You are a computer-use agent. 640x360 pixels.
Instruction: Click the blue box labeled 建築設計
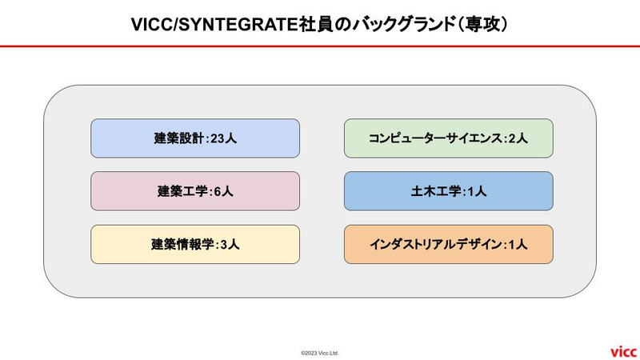pyautogui.click(x=195, y=138)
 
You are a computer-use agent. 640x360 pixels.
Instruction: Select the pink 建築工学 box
pyautogui.click(x=195, y=191)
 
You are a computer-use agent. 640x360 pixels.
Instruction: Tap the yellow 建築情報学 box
pyautogui.click(x=195, y=244)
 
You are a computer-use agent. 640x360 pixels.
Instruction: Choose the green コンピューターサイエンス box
pyautogui.click(x=449, y=138)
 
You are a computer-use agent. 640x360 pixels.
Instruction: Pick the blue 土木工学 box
pyautogui.click(x=449, y=191)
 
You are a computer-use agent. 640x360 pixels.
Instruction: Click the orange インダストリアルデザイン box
pyautogui.click(x=449, y=244)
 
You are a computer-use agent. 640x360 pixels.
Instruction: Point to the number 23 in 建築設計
pyautogui.click(x=218, y=138)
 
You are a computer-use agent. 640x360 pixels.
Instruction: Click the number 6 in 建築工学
pyautogui.click(x=218, y=191)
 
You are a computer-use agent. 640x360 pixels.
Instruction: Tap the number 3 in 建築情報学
pyautogui.click(x=224, y=245)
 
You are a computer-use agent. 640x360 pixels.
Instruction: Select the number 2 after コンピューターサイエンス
pyautogui.click(x=512, y=138)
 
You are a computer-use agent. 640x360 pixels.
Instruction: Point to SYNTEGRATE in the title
pyautogui.click(x=238, y=25)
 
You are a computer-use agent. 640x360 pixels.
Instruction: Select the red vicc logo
pyautogui.click(x=623, y=351)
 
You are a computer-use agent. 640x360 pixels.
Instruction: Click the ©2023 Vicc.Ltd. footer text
pyautogui.click(x=320, y=353)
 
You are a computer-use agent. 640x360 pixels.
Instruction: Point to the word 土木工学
pyautogui.click(x=435, y=191)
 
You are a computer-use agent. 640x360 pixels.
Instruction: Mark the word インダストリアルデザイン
pyautogui.click(x=436, y=244)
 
